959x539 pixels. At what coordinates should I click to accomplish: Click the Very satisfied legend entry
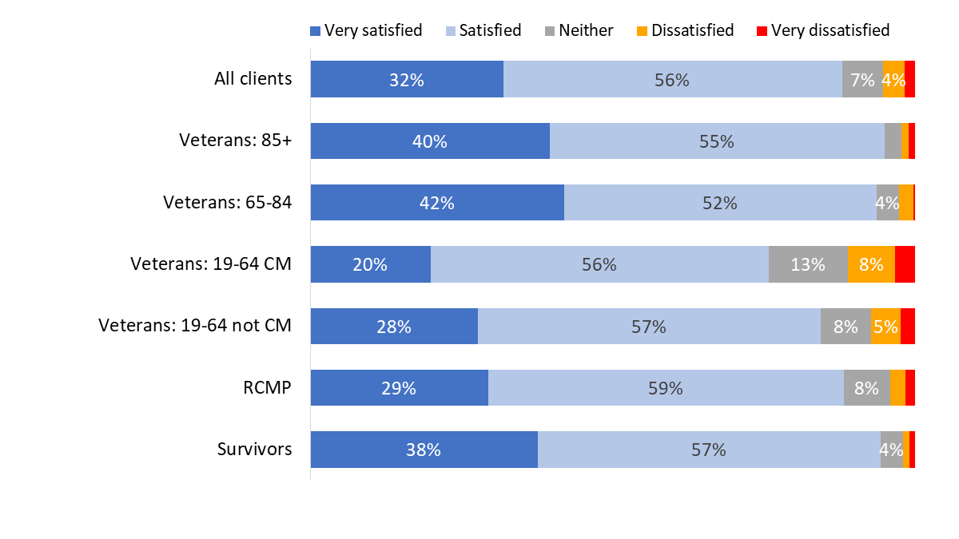[x=366, y=30]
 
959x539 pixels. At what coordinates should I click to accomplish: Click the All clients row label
[x=253, y=79]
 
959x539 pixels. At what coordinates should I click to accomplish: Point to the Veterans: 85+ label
[x=235, y=141]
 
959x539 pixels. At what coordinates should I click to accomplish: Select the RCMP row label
[x=268, y=387]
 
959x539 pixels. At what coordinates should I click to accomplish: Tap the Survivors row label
[x=254, y=449]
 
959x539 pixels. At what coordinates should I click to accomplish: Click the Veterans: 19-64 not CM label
[x=195, y=326]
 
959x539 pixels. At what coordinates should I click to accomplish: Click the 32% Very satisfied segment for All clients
[x=407, y=79]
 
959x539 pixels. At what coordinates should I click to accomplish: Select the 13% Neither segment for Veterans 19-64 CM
[x=808, y=264]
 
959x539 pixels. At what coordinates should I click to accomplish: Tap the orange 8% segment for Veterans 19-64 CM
[x=871, y=264]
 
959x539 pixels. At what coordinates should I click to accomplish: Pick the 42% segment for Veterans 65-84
[x=437, y=203]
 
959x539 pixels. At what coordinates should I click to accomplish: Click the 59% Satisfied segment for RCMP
[x=666, y=387]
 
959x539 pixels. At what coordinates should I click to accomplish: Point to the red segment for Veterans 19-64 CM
[x=905, y=264]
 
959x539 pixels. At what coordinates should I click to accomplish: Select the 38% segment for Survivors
[x=424, y=449]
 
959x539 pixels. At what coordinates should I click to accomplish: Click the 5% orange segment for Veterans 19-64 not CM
[x=885, y=326]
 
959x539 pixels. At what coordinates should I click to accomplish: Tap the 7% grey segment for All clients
[x=862, y=79]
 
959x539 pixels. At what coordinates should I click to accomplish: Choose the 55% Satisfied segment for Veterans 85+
[x=717, y=141]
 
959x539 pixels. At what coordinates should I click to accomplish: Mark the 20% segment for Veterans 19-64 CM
[x=370, y=264]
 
